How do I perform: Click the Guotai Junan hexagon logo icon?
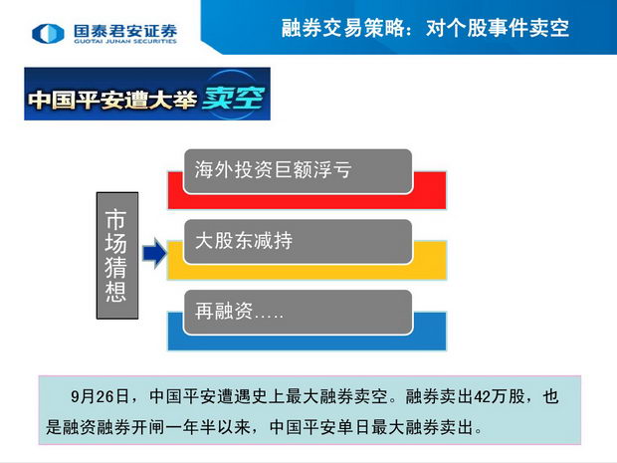pyautogui.click(x=48, y=33)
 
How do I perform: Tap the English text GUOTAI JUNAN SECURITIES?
pyautogui.click(x=125, y=42)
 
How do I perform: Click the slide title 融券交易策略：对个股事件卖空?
pyautogui.click(x=425, y=28)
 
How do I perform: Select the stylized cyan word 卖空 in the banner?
pyautogui.click(x=233, y=98)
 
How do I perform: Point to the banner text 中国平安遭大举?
pyautogui.click(x=112, y=100)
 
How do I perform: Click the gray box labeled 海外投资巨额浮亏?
pyautogui.click(x=298, y=171)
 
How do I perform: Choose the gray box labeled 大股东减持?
pyautogui.click(x=298, y=241)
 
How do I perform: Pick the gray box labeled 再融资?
pyautogui.click(x=298, y=312)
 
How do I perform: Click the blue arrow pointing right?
pyautogui.click(x=154, y=253)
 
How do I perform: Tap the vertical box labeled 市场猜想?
pyautogui.click(x=117, y=256)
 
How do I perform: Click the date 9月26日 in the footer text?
pyautogui.click(x=100, y=396)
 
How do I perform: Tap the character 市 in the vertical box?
pyautogui.click(x=115, y=219)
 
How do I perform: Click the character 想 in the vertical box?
pyautogui.click(x=115, y=292)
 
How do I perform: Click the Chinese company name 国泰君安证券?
pyautogui.click(x=125, y=30)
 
